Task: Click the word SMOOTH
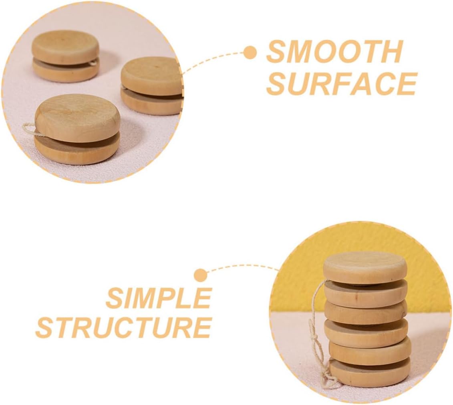tap(334, 52)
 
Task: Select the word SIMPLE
tap(159, 298)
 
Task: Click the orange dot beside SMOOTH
tap(250, 52)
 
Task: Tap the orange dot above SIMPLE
tap(200, 275)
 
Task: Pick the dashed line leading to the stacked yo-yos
tap(240, 266)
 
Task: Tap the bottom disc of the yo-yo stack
tap(370, 373)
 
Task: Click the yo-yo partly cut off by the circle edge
tap(152, 86)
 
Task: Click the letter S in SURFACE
tap(276, 84)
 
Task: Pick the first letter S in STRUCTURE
tap(45, 328)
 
